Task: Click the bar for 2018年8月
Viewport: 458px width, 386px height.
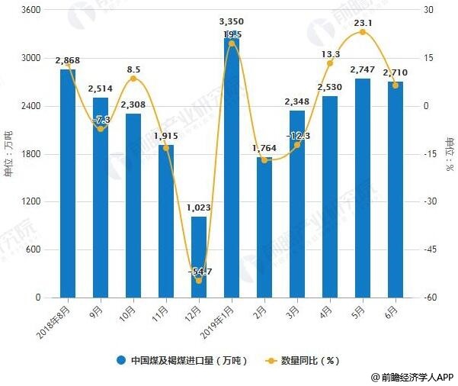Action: coord(68,183)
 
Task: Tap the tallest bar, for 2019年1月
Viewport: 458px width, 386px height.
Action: coord(231,164)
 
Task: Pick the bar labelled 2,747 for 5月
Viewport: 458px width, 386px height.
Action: coord(362,188)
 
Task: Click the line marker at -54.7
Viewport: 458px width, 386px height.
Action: coord(199,281)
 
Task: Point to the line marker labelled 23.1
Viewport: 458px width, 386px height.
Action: coord(362,32)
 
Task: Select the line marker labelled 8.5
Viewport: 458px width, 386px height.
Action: coord(133,79)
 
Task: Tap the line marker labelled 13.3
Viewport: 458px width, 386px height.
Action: coord(329,63)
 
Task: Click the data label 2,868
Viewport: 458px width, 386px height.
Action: coord(68,60)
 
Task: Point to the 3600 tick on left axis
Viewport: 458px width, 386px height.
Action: coord(33,10)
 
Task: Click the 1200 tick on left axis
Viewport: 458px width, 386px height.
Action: coord(33,201)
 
